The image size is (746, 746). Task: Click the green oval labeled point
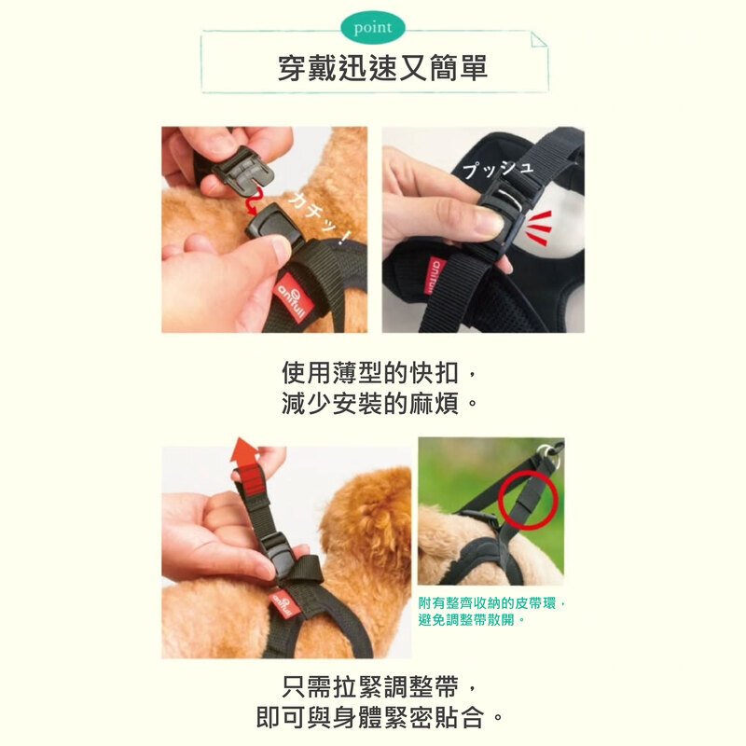pos(373,28)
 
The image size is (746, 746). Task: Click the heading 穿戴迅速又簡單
pos(382,68)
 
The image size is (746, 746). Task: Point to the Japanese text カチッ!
pos(319,217)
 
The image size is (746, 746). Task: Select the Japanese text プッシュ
pos(498,169)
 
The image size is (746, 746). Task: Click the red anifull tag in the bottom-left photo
pos(283,603)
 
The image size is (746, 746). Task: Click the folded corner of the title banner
pos(539,39)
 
